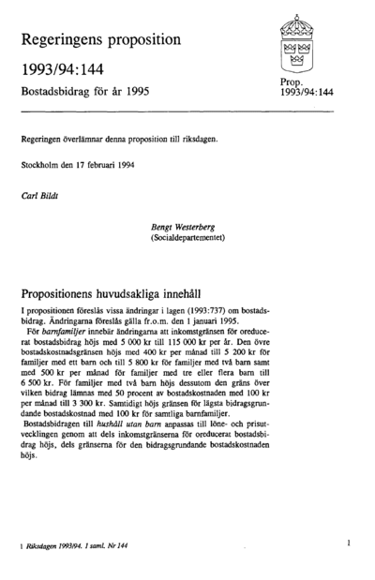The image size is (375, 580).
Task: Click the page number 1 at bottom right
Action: click(x=347, y=542)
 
